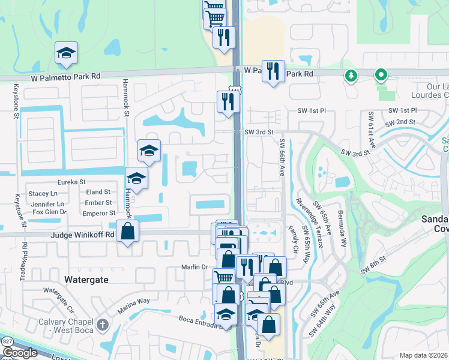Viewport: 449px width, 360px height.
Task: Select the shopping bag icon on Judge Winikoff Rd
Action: [128, 231]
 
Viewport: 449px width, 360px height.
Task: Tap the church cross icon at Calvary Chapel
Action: [102, 325]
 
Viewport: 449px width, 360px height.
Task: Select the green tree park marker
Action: [351, 76]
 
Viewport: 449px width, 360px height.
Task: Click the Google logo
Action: [20, 353]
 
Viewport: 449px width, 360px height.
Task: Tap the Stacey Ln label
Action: [43, 193]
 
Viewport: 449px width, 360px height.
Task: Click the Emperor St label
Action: [99, 213]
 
